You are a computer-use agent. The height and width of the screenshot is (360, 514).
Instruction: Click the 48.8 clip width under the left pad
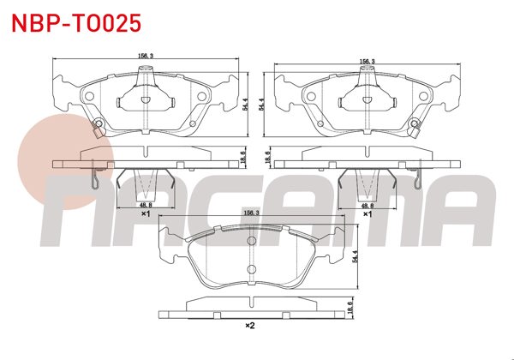tap(146, 206)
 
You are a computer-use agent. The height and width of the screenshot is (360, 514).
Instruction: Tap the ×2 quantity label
tap(250, 326)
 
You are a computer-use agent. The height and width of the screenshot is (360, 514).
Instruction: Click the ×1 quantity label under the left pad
tap(146, 215)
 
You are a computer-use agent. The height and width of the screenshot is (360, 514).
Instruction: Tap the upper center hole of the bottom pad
tap(252, 243)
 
